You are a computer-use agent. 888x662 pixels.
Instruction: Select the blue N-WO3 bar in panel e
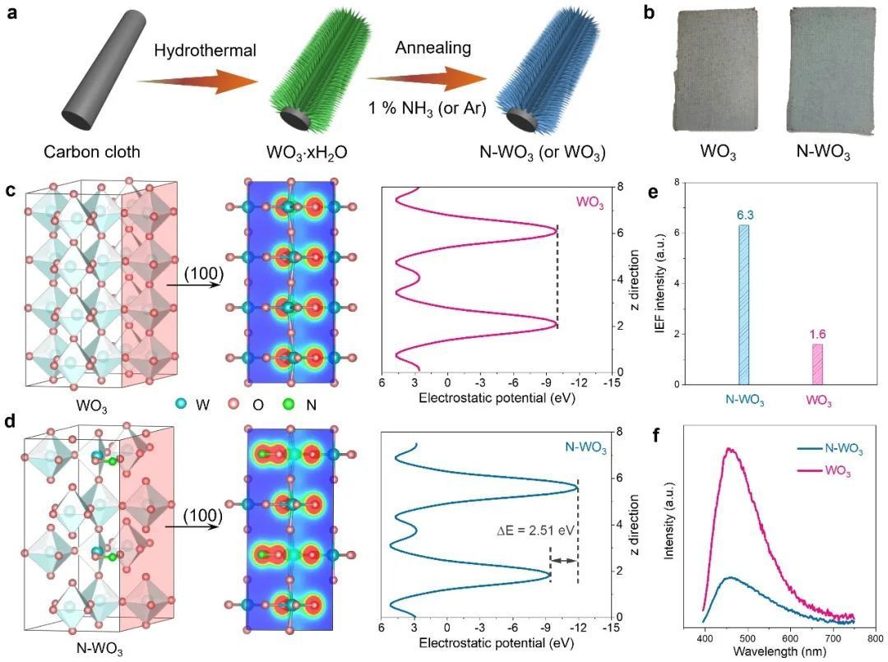click(x=743, y=304)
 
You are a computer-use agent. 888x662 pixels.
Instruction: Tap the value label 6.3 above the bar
click(x=743, y=215)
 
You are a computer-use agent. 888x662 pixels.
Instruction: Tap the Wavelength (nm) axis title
click(x=777, y=651)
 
